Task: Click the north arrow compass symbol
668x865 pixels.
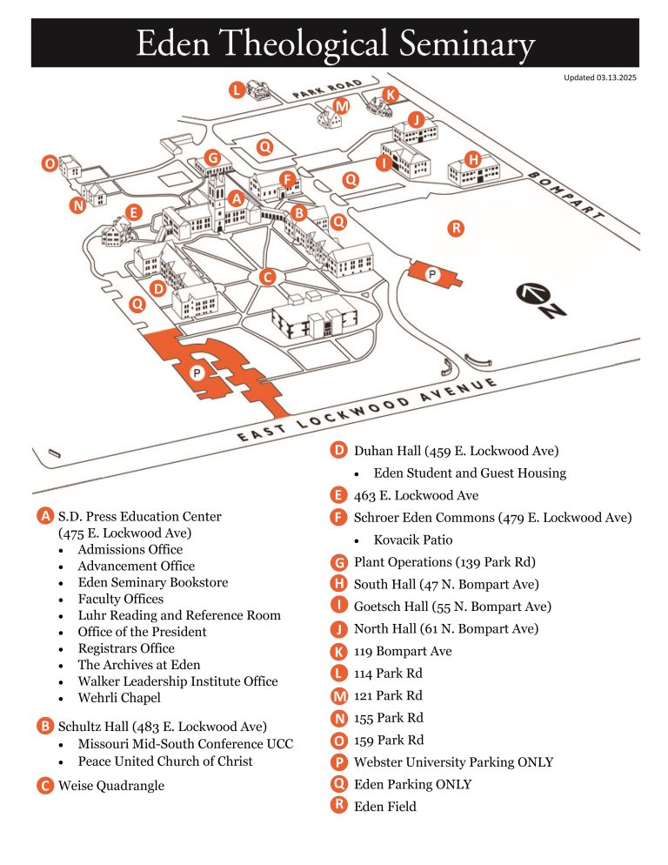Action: point(541,301)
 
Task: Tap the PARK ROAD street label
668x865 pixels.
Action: point(327,88)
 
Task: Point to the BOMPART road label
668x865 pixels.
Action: point(565,196)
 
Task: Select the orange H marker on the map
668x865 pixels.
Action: point(472,160)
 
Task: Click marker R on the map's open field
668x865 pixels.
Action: point(456,228)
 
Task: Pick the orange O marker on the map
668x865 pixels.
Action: point(50,164)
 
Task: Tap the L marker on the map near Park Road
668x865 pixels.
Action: point(237,90)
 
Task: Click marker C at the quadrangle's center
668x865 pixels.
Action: point(268,277)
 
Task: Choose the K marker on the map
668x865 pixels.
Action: point(391,95)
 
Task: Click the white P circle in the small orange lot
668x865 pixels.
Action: point(432,273)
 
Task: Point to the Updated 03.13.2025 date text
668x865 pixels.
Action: point(599,77)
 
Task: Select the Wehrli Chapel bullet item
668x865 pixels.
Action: point(119,698)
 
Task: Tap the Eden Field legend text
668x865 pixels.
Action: point(385,807)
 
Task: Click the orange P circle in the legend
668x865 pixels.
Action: point(338,761)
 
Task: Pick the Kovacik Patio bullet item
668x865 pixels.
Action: point(413,540)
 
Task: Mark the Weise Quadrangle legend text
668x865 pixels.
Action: point(111,786)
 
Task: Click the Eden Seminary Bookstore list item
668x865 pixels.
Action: point(153,582)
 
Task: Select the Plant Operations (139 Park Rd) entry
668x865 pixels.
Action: point(444,562)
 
